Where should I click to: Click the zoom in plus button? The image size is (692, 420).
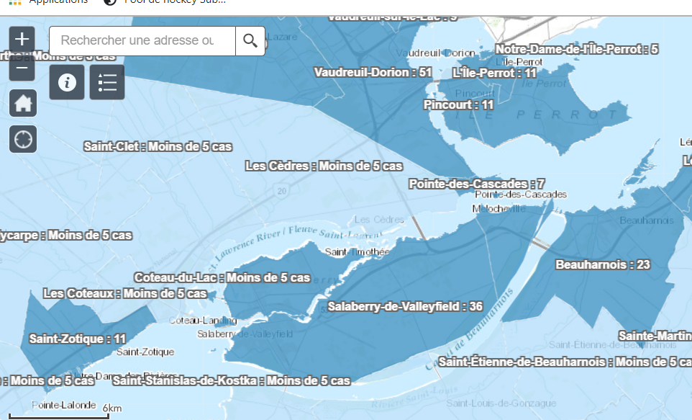coord(22,39)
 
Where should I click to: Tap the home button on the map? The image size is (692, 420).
coord(22,102)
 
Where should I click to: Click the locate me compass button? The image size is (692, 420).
coord(22,138)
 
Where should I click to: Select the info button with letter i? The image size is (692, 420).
coord(68,82)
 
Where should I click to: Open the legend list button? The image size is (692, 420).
coord(107,82)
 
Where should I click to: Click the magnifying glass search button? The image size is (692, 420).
coord(250,40)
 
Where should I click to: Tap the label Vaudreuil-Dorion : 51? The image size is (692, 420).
coord(373,72)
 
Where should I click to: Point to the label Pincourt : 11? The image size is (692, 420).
coord(458,104)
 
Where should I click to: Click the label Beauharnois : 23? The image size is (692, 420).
coord(602,264)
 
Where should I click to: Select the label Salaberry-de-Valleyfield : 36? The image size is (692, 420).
coord(405,306)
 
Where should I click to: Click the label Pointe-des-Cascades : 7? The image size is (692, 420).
coord(476,184)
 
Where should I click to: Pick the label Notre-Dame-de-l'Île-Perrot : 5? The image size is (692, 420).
coord(577,49)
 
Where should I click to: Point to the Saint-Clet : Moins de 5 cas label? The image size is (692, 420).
coord(158,146)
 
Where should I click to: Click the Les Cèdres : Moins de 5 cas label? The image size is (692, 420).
coord(324,166)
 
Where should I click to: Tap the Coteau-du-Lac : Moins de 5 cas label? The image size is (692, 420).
coord(222,277)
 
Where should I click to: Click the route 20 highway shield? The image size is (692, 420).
coord(281,190)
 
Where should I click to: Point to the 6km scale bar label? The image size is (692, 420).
coord(112,408)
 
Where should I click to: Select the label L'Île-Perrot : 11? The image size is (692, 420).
coord(494,73)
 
